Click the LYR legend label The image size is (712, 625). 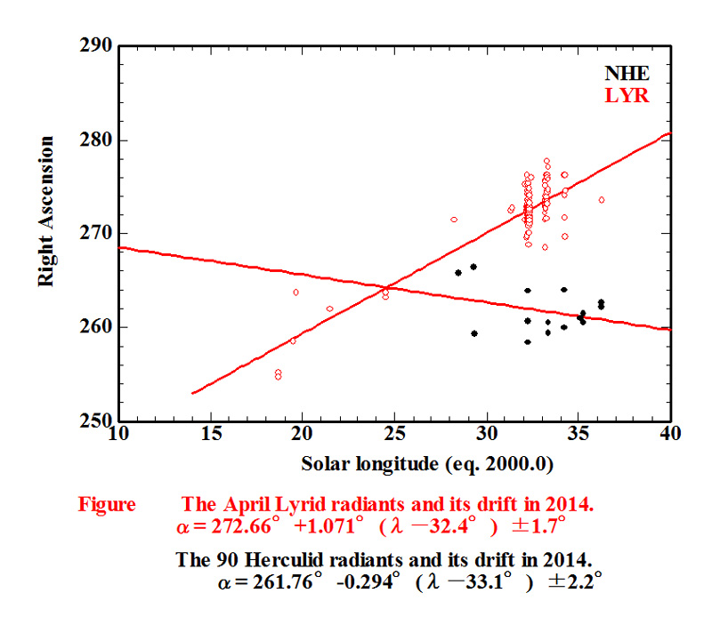point(627,96)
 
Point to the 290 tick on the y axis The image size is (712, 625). point(97,46)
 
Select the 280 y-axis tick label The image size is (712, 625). point(97,140)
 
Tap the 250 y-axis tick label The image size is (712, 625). point(97,421)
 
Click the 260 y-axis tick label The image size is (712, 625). point(97,327)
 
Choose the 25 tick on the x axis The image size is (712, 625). point(394,433)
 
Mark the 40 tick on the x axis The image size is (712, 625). point(670,433)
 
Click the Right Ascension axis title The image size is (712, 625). point(46,211)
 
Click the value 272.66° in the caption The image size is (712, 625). point(239,525)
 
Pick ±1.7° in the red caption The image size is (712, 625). point(542,525)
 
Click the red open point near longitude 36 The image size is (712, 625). point(602,200)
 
